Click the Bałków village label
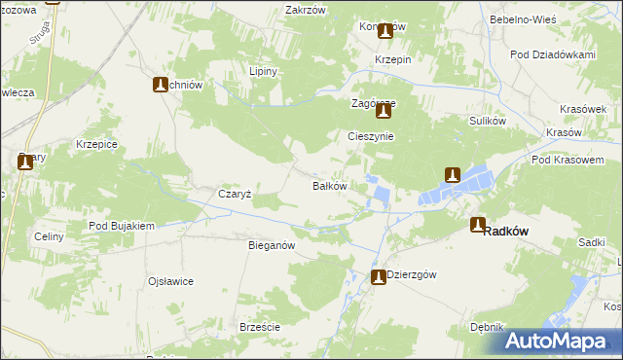point(329,185)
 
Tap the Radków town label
point(505,231)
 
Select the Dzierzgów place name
point(411,274)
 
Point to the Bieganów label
point(272,246)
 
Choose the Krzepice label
point(96,144)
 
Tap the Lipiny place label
point(264,72)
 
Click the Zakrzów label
point(304,10)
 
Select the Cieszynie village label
point(371,136)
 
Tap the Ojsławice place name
point(170,281)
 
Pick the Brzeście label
point(260,328)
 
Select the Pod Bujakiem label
point(122,226)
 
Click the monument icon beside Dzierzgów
point(379,277)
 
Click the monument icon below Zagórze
point(384,112)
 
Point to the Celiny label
point(49,236)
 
